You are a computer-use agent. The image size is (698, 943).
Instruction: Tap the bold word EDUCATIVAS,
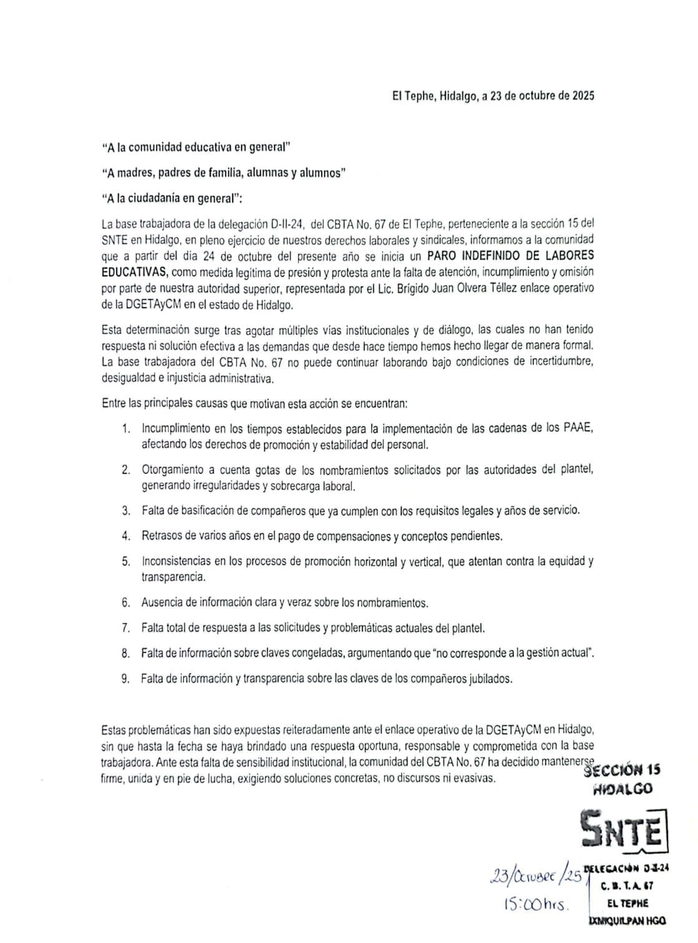click(134, 272)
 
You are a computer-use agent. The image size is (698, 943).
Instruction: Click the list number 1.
click(126, 428)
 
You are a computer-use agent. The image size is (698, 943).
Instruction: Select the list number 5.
click(126, 561)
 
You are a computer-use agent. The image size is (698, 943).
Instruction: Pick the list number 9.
click(126, 679)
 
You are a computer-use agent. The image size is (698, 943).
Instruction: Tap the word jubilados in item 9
click(490, 679)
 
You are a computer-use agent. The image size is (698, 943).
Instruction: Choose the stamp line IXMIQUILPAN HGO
click(626, 921)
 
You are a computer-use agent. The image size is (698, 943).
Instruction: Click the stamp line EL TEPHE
click(626, 903)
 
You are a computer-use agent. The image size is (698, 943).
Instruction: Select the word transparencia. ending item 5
click(173, 577)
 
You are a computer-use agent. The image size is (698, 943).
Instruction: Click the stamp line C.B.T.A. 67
click(626, 886)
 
